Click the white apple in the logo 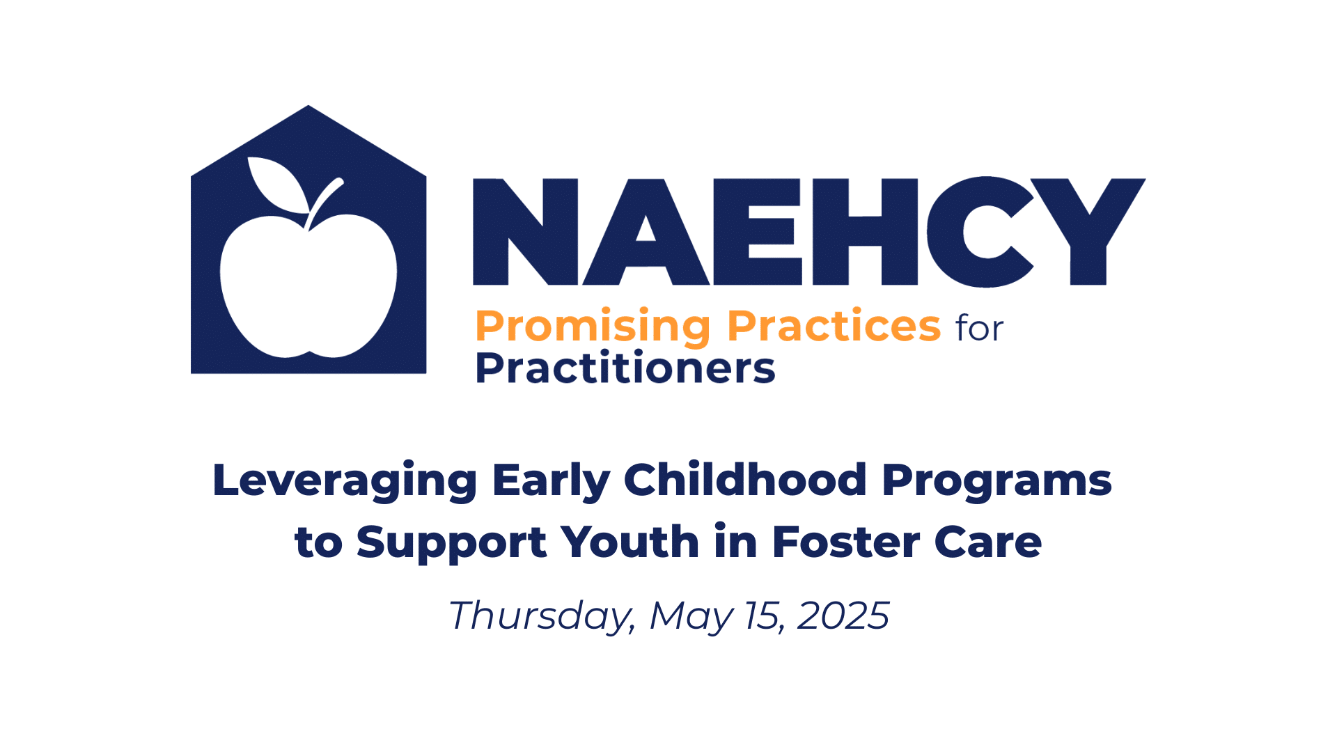click(x=308, y=285)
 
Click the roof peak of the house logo click(x=308, y=106)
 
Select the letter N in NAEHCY click(x=526, y=232)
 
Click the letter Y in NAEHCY click(x=1088, y=232)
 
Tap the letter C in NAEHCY click(x=989, y=232)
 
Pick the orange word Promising click(x=593, y=327)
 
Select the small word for click(x=980, y=328)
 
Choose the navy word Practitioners click(x=625, y=368)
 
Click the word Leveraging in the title click(x=345, y=481)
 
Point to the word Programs click(x=996, y=481)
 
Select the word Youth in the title click(x=630, y=541)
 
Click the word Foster click(x=845, y=541)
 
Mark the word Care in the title click(x=988, y=541)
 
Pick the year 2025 click(x=843, y=616)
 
